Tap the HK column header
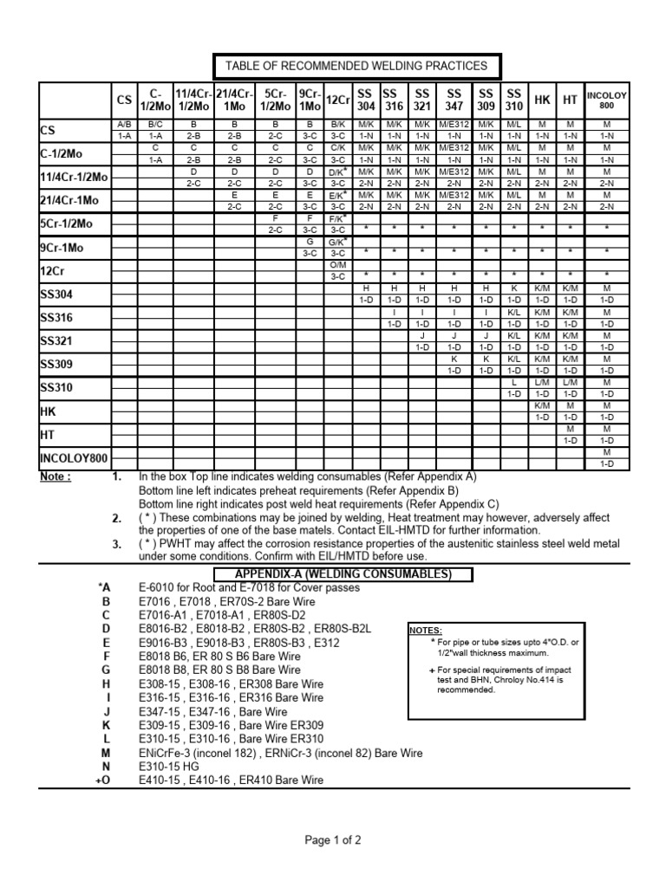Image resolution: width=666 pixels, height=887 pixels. (542, 100)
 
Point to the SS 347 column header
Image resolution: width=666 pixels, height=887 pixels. (454, 100)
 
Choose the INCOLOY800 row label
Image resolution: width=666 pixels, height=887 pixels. (74, 458)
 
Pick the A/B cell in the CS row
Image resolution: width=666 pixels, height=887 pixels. (123, 125)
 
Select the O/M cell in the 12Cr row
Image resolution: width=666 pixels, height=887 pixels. (338, 265)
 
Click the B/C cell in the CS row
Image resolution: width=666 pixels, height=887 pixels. (156, 125)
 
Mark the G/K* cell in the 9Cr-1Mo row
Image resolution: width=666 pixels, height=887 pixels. (338, 242)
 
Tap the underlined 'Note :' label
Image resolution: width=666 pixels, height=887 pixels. (55, 477)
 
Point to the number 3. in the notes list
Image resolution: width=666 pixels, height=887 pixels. (116, 544)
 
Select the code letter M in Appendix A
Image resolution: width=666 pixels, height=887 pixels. (107, 754)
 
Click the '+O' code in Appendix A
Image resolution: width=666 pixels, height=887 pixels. (104, 780)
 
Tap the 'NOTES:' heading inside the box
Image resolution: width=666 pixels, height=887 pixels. (426, 630)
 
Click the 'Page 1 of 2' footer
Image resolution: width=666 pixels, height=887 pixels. (332, 840)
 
